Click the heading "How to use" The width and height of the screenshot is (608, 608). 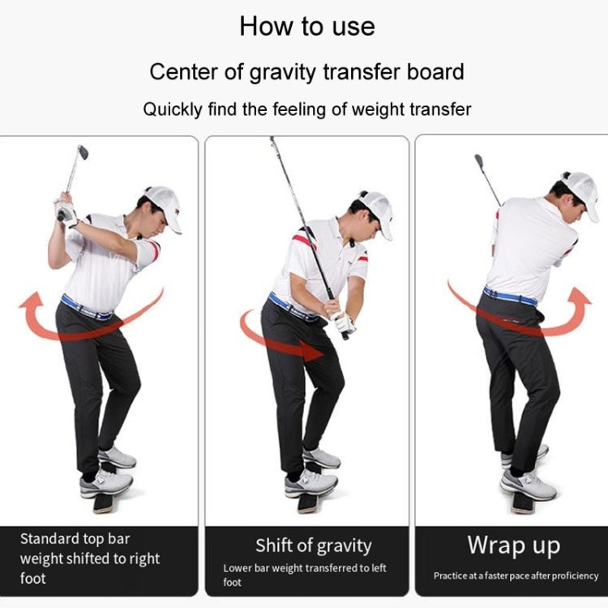coord(307,27)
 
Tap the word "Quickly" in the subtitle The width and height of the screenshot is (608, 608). coord(173,109)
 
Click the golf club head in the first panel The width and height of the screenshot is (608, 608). coord(83,152)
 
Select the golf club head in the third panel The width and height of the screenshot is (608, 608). coord(479,160)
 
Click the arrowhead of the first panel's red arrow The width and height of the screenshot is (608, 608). coord(32,302)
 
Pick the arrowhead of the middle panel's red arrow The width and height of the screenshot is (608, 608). coord(311,351)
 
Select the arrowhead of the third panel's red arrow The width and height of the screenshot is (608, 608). coord(580,298)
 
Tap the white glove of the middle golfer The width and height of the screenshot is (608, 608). coord(344,323)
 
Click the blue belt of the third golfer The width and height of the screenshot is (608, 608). coord(510,296)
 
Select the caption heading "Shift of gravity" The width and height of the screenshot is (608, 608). coord(313,546)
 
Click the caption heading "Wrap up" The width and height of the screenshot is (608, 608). coord(514,546)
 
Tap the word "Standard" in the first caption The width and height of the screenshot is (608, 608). coord(49,539)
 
